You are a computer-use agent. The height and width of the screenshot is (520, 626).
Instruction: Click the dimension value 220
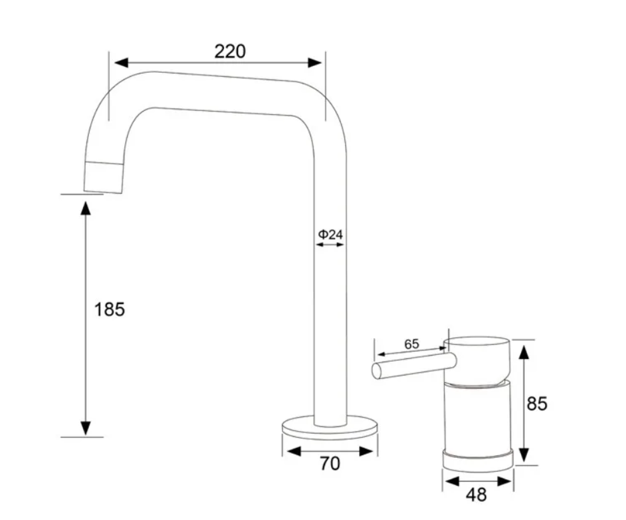[230, 51]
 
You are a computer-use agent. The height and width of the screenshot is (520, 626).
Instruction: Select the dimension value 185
[110, 309]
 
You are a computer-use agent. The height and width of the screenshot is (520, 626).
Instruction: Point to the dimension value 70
[329, 463]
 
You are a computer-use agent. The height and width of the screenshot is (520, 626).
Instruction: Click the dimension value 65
[411, 344]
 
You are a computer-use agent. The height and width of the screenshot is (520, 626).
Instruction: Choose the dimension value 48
[477, 495]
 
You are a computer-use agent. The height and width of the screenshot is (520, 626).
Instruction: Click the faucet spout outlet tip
[103, 177]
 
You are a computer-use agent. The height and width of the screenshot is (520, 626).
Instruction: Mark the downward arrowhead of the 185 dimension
[85, 428]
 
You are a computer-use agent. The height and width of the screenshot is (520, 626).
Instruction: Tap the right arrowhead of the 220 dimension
[315, 62]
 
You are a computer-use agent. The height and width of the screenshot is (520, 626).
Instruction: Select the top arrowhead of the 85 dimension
[526, 348]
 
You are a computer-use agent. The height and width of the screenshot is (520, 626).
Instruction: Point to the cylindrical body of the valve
[478, 418]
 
